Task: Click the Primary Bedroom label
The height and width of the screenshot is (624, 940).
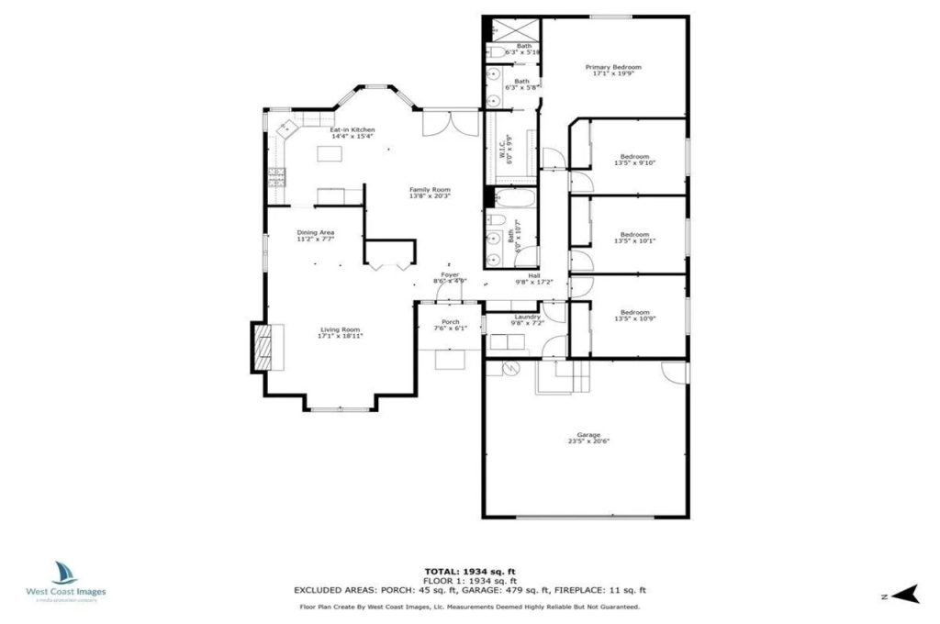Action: point(613,67)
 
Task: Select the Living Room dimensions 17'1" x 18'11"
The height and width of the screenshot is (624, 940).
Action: point(340,336)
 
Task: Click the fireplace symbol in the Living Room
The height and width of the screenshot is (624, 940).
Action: point(262,347)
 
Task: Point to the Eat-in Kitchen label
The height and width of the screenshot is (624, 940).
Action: point(352,130)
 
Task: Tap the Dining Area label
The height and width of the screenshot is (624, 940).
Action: point(315,233)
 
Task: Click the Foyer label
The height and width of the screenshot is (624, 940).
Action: point(450,274)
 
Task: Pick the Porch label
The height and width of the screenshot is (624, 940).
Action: point(450,321)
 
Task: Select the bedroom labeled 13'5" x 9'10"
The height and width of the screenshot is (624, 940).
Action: point(634,157)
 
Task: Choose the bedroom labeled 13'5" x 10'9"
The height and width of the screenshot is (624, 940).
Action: point(634,312)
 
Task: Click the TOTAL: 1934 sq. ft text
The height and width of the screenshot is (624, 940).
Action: point(469,572)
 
